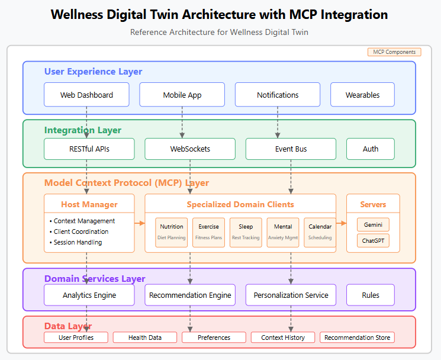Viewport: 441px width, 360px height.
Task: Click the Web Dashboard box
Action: [x=86, y=95]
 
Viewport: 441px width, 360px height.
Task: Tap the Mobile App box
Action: [x=182, y=95]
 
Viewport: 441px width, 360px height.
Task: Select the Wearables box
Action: [x=362, y=95]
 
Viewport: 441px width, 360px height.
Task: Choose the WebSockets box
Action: [x=189, y=149]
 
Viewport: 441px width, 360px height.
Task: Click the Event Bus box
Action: [x=291, y=149]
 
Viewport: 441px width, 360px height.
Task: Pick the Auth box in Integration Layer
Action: [x=371, y=149]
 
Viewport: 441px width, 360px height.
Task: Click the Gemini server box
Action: [x=373, y=225]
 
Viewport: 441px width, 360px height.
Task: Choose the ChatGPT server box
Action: [x=373, y=240]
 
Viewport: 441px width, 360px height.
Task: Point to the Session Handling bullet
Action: [x=78, y=242]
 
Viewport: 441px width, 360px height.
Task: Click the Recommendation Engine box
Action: [x=189, y=295]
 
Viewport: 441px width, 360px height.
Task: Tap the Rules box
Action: [x=371, y=295]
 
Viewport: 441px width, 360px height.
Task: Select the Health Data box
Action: [x=145, y=337]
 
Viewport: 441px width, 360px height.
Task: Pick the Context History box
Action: [x=283, y=337]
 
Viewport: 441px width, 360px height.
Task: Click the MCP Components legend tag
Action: [x=394, y=52]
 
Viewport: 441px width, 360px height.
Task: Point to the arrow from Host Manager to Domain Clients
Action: [x=140, y=223]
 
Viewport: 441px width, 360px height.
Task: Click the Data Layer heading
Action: [x=68, y=326]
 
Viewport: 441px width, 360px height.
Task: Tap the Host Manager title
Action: [x=89, y=204]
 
